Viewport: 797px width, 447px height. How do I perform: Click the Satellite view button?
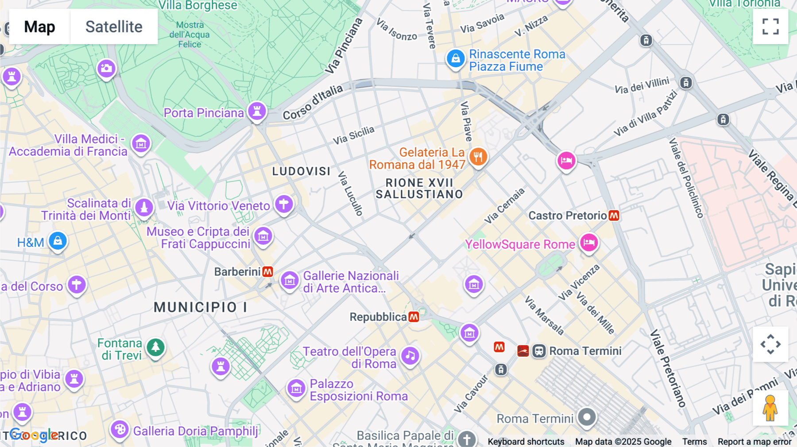pyautogui.click(x=114, y=27)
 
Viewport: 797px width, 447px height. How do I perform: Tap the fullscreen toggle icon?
pyautogui.click(x=770, y=27)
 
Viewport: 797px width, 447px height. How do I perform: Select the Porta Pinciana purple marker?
pyautogui.click(x=257, y=111)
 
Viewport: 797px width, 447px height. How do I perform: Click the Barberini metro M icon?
pyautogui.click(x=267, y=272)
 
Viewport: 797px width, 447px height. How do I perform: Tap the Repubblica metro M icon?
pyautogui.click(x=414, y=317)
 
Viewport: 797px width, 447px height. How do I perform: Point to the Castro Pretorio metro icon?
pyautogui.click(x=614, y=216)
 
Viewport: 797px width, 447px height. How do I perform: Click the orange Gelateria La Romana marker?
pyautogui.click(x=478, y=157)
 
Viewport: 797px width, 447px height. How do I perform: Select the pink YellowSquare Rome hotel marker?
pyautogui.click(x=589, y=243)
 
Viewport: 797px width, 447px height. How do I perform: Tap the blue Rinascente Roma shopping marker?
pyautogui.click(x=455, y=58)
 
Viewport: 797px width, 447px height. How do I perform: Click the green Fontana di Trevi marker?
pyautogui.click(x=155, y=347)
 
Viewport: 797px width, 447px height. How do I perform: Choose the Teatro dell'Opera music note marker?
pyautogui.click(x=410, y=355)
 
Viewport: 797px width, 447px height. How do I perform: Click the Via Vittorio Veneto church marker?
pyautogui.click(x=284, y=204)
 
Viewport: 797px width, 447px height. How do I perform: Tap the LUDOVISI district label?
pyautogui.click(x=301, y=171)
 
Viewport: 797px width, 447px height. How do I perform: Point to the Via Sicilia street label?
pyautogui.click(x=353, y=135)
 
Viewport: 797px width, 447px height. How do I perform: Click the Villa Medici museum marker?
pyautogui.click(x=141, y=143)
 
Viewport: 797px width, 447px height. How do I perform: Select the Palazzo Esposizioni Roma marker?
pyautogui.click(x=296, y=389)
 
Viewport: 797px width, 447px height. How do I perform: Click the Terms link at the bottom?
pyautogui.click(x=694, y=441)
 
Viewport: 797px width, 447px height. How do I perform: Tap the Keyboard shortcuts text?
pyautogui.click(x=526, y=441)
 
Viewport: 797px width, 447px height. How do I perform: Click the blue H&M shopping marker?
pyautogui.click(x=58, y=241)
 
